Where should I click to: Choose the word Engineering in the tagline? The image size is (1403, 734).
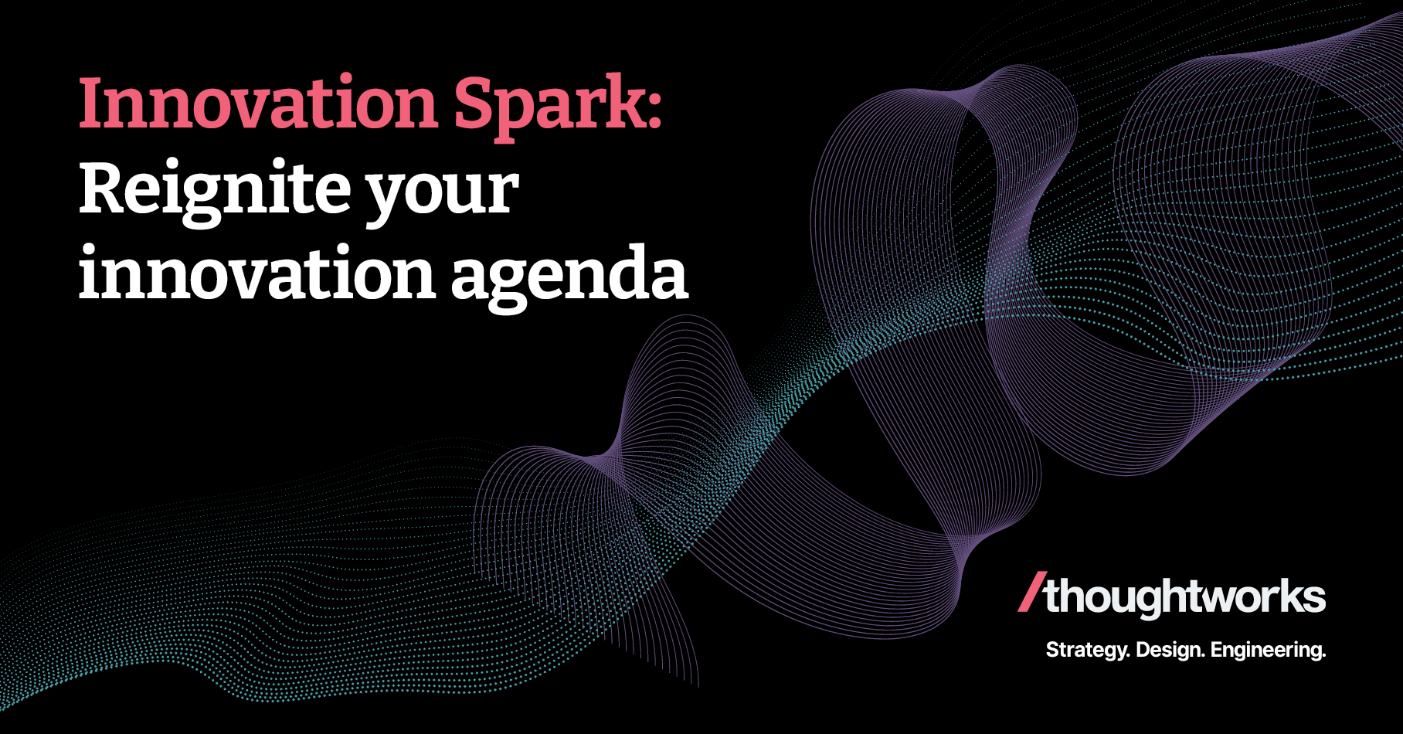click(x=1268, y=651)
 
